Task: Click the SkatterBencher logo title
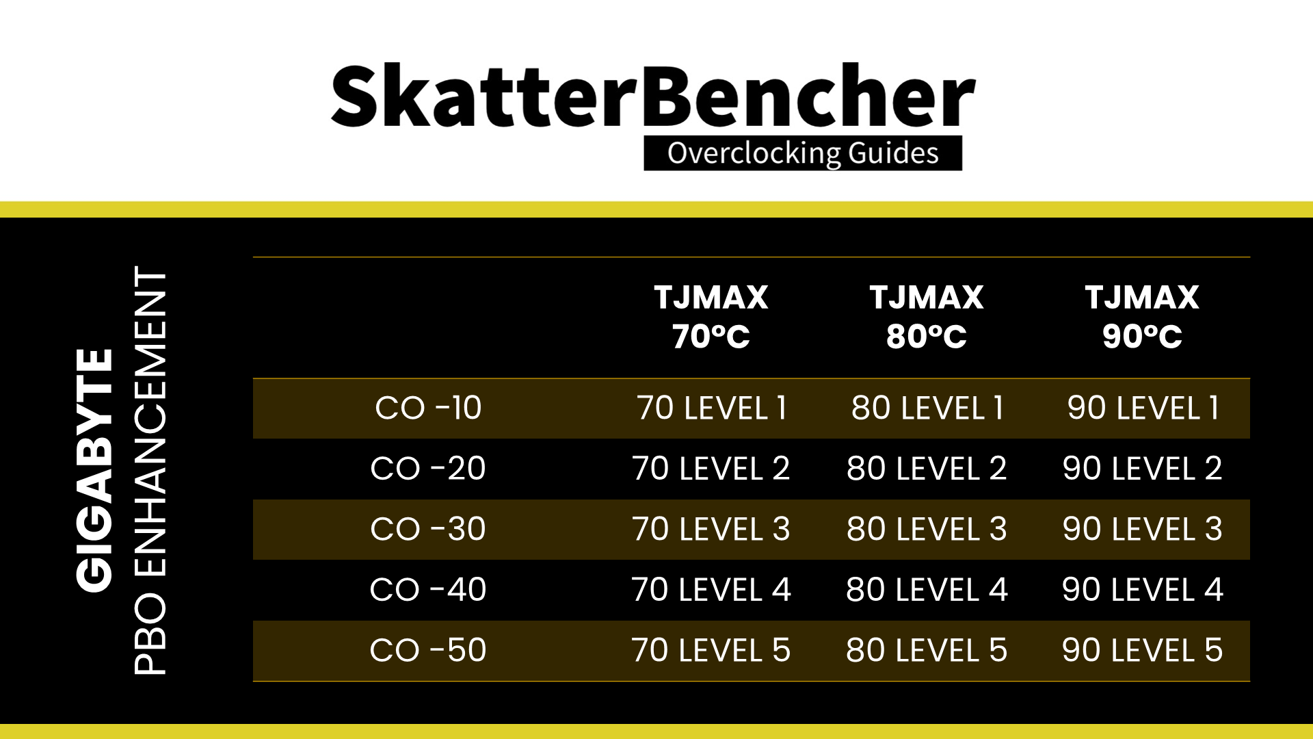pyautogui.click(x=653, y=96)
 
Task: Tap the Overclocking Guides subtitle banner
pyautogui.click(x=803, y=153)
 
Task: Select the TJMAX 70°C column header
pyautogui.click(x=711, y=317)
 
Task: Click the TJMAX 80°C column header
pyautogui.click(x=927, y=317)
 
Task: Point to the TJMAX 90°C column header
pyautogui.click(x=1142, y=317)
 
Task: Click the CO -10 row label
pyautogui.click(x=428, y=409)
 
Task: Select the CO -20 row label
pyautogui.click(x=428, y=469)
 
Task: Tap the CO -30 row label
pyautogui.click(x=428, y=529)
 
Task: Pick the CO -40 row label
pyautogui.click(x=428, y=590)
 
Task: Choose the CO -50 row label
pyautogui.click(x=428, y=650)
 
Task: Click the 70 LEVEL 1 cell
pyautogui.click(x=711, y=409)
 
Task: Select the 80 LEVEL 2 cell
pyautogui.click(x=927, y=469)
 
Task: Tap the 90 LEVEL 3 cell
pyautogui.click(x=1142, y=529)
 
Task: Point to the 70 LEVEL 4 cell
pyautogui.click(x=711, y=590)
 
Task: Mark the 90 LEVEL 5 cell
pyautogui.click(x=1142, y=650)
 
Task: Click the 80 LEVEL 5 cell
pyautogui.click(x=927, y=650)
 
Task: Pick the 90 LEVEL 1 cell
pyautogui.click(x=1142, y=409)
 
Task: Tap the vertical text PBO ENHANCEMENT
pyautogui.click(x=150, y=471)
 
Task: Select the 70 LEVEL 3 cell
pyautogui.click(x=711, y=529)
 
